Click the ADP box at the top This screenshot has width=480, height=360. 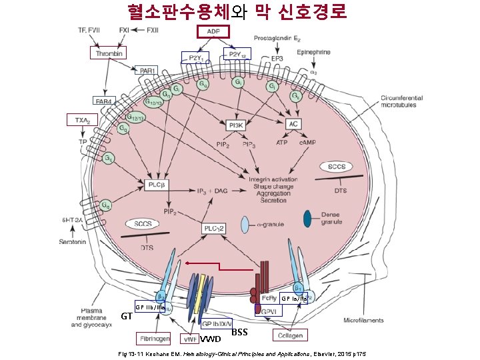pyautogui.click(x=213, y=32)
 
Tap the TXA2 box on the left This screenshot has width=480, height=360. pyautogui.click(x=82, y=120)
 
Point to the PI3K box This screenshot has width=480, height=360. pyautogui.click(x=235, y=124)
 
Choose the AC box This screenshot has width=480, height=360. pyautogui.click(x=293, y=124)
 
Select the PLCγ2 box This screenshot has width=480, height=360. pyautogui.click(x=214, y=229)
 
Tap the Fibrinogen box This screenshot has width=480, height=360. pyautogui.click(x=154, y=337)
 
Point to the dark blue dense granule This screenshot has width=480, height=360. pyautogui.click(x=308, y=218)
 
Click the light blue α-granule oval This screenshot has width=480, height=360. pyautogui.click(x=245, y=225)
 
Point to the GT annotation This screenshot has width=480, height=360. pyautogui.click(x=126, y=316)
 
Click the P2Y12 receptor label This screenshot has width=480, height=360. pyautogui.click(x=237, y=55)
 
